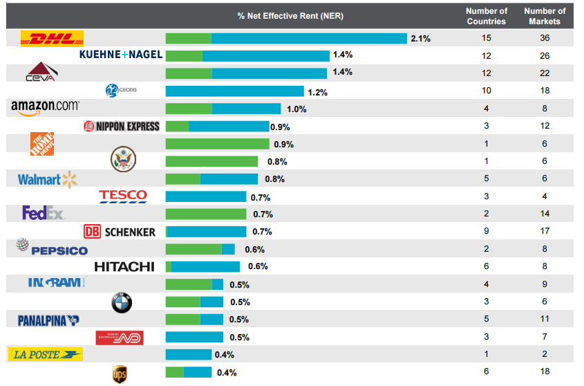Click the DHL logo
(x=53, y=39)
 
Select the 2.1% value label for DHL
(x=420, y=39)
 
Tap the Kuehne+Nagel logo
(x=121, y=55)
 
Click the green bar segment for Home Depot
(x=217, y=144)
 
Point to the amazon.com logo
(x=45, y=107)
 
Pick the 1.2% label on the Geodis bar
(x=318, y=92)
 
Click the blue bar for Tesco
(x=205, y=196)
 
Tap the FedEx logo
(x=44, y=213)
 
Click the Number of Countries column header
(x=487, y=16)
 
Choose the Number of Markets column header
(x=545, y=16)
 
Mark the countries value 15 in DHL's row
(x=487, y=38)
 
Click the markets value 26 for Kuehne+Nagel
(x=545, y=55)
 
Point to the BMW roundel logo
(x=121, y=302)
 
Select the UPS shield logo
(x=120, y=374)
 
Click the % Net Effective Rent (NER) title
(x=290, y=16)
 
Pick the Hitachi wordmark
(x=124, y=266)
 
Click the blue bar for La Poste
(x=188, y=355)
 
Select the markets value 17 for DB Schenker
(x=545, y=232)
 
